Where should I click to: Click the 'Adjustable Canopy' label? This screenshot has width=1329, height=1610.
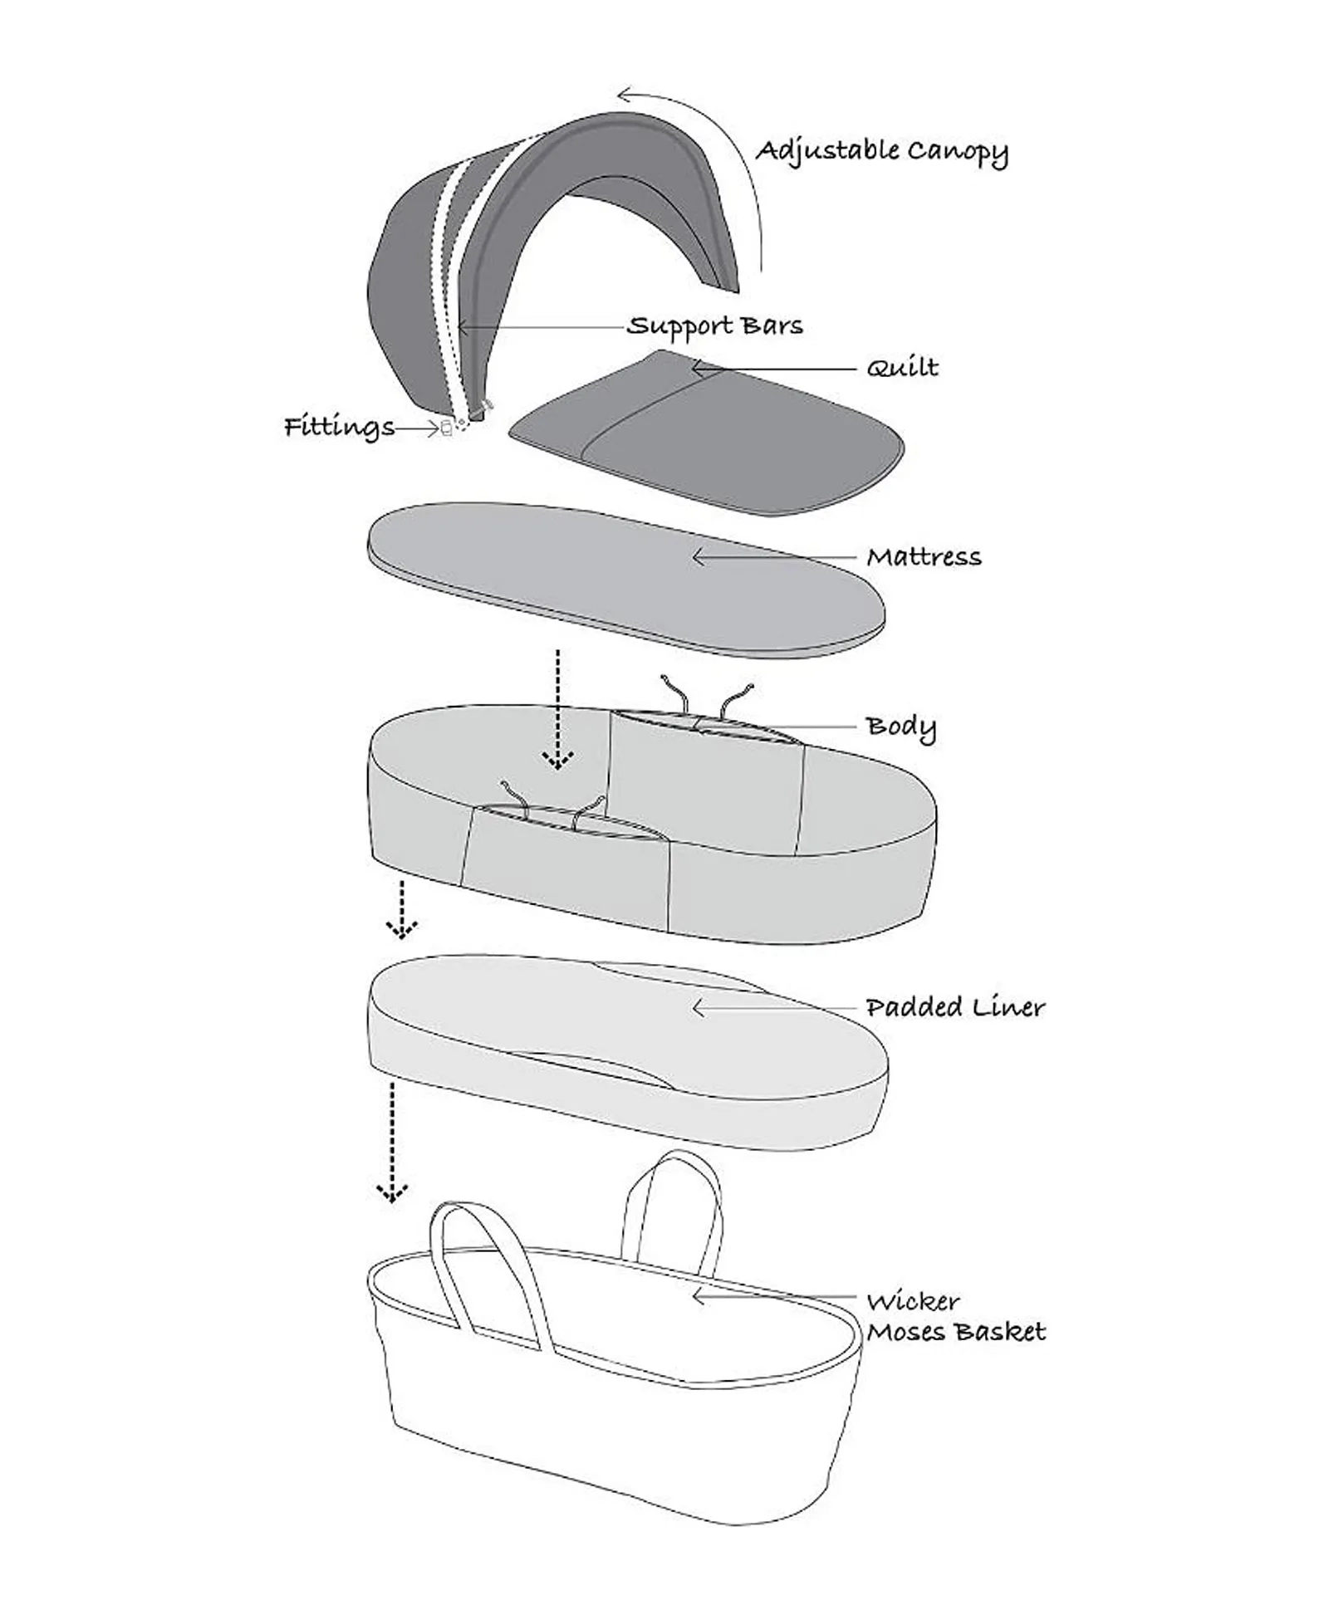pyautogui.click(x=881, y=151)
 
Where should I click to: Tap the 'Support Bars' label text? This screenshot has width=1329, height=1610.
pyautogui.click(x=715, y=325)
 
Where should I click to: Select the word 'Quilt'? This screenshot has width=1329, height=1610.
pyautogui.click(x=902, y=368)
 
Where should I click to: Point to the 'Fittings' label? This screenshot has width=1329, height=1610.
pyautogui.click(x=339, y=427)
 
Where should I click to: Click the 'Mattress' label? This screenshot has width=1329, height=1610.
pyautogui.click(x=924, y=557)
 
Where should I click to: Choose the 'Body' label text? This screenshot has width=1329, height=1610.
pyautogui.click(x=901, y=727)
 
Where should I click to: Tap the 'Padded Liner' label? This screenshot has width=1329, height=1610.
pyautogui.click(x=955, y=1007)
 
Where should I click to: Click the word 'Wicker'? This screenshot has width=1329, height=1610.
pyautogui.click(x=913, y=1301)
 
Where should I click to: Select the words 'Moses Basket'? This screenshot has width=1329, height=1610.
pyautogui.click(x=956, y=1332)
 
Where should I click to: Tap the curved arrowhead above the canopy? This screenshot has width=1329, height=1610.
pyautogui.click(x=627, y=94)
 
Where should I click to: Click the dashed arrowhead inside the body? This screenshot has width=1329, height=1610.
pyautogui.click(x=557, y=761)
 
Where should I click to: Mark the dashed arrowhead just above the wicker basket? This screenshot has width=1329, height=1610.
pyautogui.click(x=392, y=1193)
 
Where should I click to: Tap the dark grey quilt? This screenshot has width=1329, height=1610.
pyautogui.click(x=706, y=432)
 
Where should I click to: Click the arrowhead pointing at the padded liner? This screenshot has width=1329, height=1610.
pyautogui.click(x=699, y=1008)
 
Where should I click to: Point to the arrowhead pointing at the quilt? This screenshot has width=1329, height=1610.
pyautogui.click(x=699, y=366)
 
